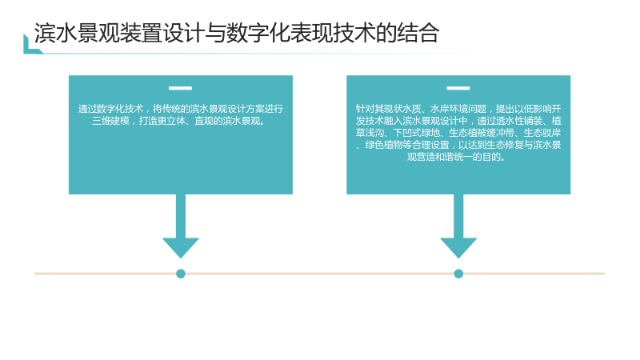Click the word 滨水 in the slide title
(x=55, y=33)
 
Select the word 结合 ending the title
(x=418, y=33)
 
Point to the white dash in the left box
(x=181, y=88)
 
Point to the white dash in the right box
(x=458, y=88)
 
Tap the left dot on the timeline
(x=181, y=274)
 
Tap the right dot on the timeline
(x=458, y=274)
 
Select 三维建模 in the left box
(x=110, y=121)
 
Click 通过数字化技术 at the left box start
(x=110, y=109)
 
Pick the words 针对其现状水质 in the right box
(x=388, y=109)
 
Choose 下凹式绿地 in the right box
(x=416, y=133)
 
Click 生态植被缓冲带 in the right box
(x=482, y=133)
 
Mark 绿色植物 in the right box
(x=384, y=145)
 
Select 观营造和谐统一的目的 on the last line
(x=454, y=157)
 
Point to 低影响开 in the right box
(x=542, y=109)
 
